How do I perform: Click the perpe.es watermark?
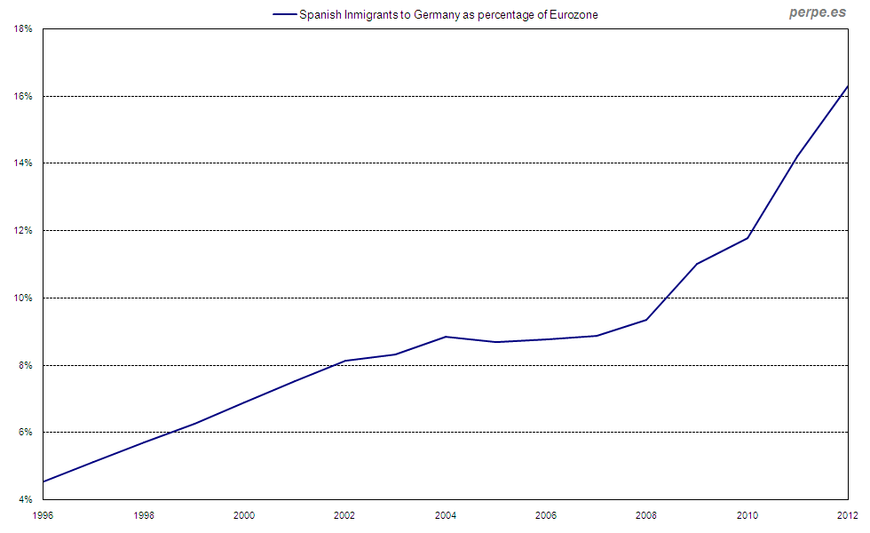point(818,12)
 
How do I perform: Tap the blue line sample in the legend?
point(284,15)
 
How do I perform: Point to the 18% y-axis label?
point(23,28)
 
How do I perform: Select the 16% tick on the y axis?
point(23,96)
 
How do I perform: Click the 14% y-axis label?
point(23,163)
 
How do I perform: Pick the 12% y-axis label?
point(23,230)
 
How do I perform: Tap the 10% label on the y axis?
point(23,298)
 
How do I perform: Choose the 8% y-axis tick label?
point(26,365)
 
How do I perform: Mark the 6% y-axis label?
point(26,433)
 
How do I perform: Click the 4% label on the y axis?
point(26,499)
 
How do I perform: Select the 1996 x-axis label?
point(43,515)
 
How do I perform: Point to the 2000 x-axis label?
point(244,515)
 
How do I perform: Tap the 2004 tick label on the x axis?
point(446,515)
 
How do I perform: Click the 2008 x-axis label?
point(646,515)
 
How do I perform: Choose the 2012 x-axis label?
point(847,515)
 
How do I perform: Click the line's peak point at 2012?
point(848,86)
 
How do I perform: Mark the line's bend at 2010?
point(747,238)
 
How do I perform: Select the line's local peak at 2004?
point(446,337)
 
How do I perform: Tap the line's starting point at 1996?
point(43,481)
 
